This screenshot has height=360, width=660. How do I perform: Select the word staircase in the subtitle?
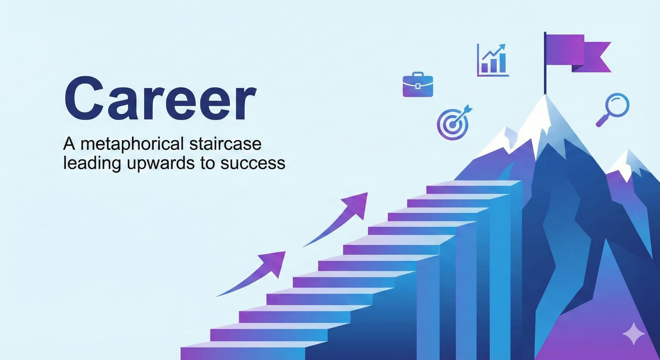[225, 144]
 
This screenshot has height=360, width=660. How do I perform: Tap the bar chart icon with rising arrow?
[493, 60]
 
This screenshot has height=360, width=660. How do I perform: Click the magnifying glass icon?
[613, 110]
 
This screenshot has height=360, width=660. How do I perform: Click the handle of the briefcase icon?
[418, 74]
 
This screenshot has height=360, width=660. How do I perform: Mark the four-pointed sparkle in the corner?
[634, 334]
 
